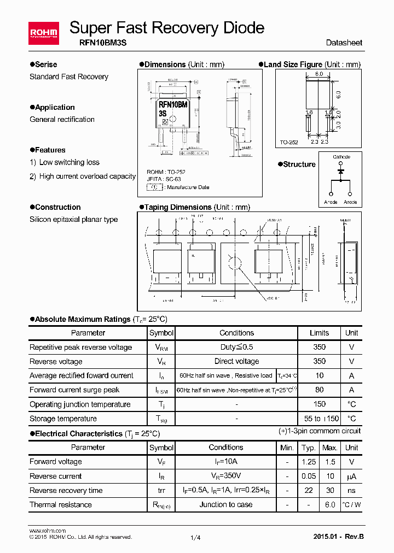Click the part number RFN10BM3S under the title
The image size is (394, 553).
coord(97,42)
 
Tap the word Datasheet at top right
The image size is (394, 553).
coord(344,43)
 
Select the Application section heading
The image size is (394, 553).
coord(55,107)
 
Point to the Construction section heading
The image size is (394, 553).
coord(57,207)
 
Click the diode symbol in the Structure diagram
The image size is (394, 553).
coord(340,171)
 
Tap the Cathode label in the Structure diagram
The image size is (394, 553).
coord(341,157)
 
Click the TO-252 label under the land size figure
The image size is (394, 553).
coord(289,142)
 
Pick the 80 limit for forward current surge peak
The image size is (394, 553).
coord(320,390)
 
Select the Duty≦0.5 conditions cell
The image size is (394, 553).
coord(236,347)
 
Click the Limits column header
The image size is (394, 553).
coord(320,333)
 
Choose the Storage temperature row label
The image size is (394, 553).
coord(63,419)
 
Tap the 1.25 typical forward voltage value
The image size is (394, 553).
coord(309,462)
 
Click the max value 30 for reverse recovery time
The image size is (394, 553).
coord(330,490)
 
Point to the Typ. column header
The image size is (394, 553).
coord(309,448)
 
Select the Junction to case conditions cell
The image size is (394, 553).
coord(226,504)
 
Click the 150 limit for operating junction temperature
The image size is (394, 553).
coord(320,404)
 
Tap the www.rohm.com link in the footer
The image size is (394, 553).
coord(47,531)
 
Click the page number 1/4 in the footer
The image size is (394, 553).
coord(195,537)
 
